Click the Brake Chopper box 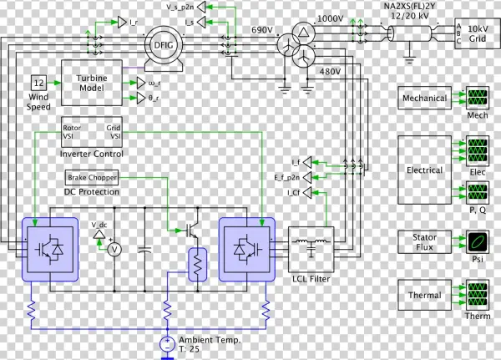pyautogui.click(x=92, y=178)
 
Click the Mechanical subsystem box pyautogui.click(x=425, y=99)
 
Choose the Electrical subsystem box pyautogui.click(x=425, y=170)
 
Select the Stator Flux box pyautogui.click(x=425, y=242)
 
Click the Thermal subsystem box pyautogui.click(x=425, y=295)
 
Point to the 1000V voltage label pyautogui.click(x=330, y=18)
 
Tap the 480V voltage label pyautogui.click(x=331, y=72)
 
